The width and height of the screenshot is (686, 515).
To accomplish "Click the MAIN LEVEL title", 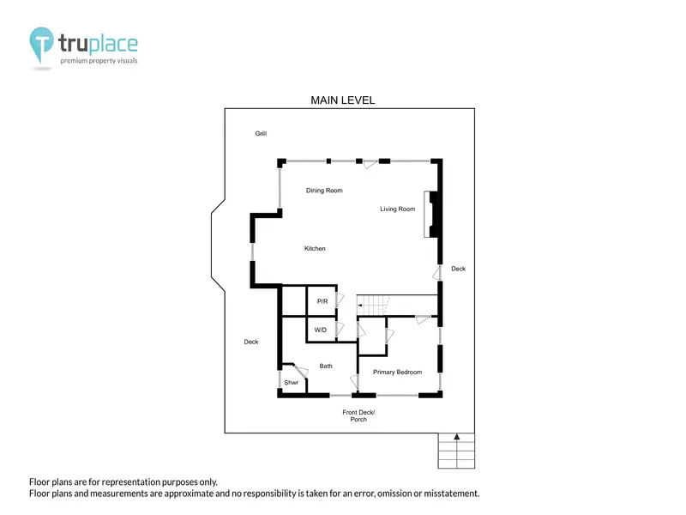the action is pos(342,100).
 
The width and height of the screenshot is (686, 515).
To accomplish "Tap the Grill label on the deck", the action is pos(261,134).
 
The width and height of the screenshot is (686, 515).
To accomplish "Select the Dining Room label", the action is pos(324,191).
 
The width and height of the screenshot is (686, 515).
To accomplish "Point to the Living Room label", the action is pos(397,209).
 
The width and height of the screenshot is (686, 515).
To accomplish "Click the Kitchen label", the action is pos(315,248).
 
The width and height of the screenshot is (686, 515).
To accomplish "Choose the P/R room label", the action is pos(322,301).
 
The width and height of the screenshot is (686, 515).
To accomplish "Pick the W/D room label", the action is pos(320,330).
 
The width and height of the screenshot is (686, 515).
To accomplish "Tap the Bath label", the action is pos(326,367).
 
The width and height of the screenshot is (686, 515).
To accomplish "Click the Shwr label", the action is pos(291,382).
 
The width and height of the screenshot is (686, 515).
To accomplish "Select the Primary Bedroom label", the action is pos(397,373).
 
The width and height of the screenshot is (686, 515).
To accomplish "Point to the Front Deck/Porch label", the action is pos(358,415).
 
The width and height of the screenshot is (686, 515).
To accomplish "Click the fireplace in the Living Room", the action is pos(431,214).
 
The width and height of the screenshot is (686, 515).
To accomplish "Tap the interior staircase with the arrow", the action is pos(373,305).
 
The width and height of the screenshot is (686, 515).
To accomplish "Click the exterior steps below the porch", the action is pos(456,451).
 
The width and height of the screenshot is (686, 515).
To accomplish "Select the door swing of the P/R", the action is pos(340,300).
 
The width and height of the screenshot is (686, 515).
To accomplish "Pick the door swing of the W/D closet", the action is pos(340,330).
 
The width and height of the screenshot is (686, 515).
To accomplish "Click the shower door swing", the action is pos(302,372).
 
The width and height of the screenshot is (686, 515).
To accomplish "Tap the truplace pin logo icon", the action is pos(41,44).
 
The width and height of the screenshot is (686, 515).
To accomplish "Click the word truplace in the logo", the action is pos(98,44).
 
